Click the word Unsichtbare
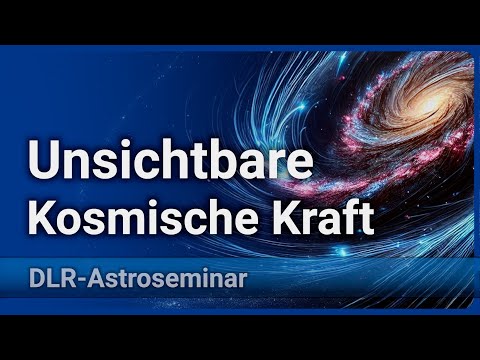point(162,160)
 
